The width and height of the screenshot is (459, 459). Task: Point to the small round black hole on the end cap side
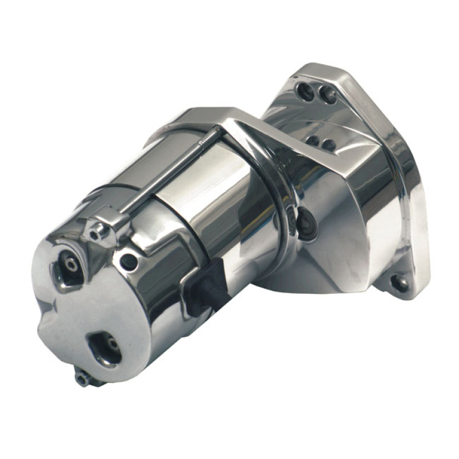tap(129, 262)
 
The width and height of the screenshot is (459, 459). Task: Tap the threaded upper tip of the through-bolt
tap(217, 133)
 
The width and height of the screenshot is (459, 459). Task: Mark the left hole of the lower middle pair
tap(313, 140)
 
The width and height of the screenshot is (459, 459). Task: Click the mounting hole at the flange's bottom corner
tap(399, 282)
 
